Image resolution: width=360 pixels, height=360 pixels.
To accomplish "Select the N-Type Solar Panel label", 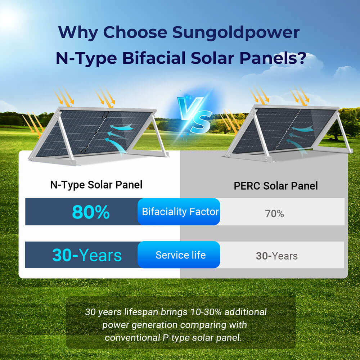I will click(x=96, y=185).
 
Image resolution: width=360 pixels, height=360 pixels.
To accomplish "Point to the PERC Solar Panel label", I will click(x=276, y=186).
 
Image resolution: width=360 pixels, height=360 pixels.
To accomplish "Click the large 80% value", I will click(x=91, y=212).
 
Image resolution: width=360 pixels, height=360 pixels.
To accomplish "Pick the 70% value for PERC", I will click(x=274, y=214).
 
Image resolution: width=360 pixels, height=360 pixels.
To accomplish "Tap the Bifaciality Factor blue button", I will click(x=179, y=212).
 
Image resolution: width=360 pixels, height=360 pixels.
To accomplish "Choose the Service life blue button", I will click(x=179, y=255).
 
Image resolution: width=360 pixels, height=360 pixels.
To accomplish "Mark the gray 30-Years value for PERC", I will click(x=276, y=256).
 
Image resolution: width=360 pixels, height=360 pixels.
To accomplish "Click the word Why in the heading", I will click(x=77, y=33).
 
